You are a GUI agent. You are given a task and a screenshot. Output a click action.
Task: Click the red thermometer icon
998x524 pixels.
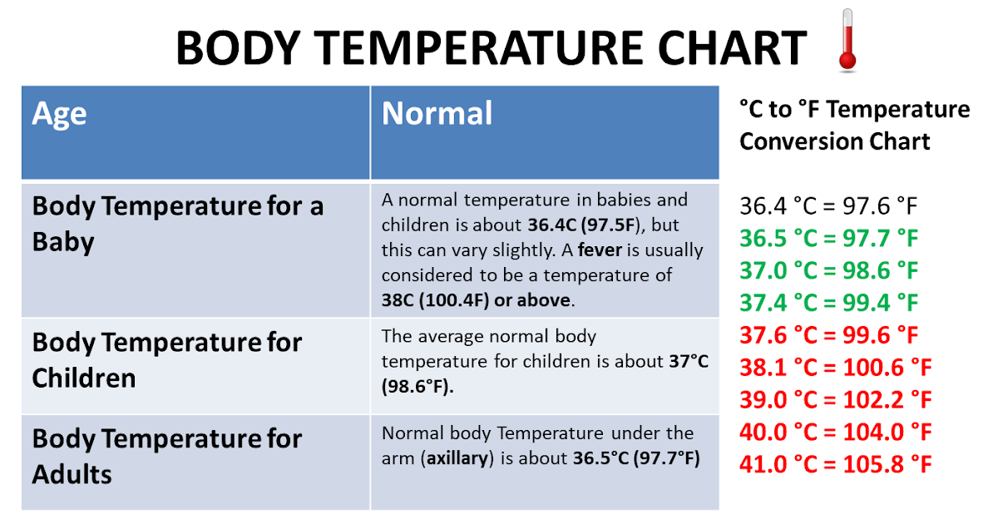pos(847,40)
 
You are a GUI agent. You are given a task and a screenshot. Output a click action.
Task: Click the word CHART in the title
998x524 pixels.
pos(732,47)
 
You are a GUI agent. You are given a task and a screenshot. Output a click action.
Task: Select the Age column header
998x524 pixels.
pos(59,115)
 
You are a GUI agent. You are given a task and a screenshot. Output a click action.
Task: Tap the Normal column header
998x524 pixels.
pos(437,113)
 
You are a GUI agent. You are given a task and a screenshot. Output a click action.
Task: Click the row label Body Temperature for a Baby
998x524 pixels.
pos(178,224)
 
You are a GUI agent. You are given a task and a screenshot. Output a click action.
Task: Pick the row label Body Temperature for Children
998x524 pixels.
pos(167,360)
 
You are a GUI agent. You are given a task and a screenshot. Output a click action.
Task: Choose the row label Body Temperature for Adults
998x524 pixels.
pos(167,457)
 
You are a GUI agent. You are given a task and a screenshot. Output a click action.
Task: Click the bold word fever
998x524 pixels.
pos(600,250)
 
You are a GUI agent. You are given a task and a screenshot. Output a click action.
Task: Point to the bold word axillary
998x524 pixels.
pos(457,458)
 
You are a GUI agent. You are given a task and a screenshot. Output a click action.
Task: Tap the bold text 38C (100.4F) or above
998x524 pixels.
pos(476,300)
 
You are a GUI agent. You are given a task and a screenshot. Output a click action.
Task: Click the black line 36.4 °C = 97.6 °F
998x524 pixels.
pos(828,206)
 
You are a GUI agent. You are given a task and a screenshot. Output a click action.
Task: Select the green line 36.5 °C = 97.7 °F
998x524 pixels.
pos(828,239)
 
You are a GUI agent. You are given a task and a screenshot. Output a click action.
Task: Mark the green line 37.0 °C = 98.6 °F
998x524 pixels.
pos(828,270)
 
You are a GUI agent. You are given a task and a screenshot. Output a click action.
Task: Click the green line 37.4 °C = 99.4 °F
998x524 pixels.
pos(828,303)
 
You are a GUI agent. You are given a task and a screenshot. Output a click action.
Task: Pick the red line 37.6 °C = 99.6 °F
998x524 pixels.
pos(828,335)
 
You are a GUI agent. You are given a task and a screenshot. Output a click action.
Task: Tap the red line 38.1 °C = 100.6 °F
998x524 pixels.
pos(836,368)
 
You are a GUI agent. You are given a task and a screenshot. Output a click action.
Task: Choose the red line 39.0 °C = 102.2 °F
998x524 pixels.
pos(836,400)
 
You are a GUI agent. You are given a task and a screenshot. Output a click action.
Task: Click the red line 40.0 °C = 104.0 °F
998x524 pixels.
pos(836,433)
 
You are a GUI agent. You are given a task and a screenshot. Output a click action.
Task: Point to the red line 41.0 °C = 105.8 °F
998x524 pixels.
pos(836,464)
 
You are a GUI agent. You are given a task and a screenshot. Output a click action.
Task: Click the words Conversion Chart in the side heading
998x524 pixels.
pos(835,141)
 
